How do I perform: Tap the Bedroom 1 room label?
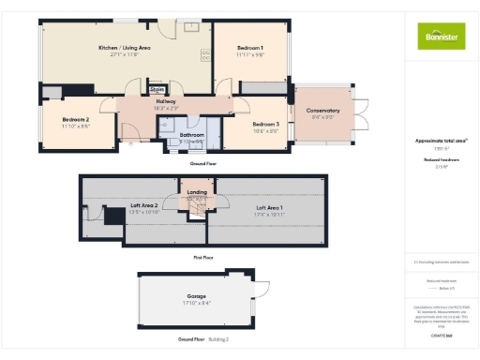(x=249, y=47)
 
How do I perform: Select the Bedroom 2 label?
(x=76, y=119)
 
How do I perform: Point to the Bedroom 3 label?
(x=265, y=124)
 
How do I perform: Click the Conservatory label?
(x=322, y=112)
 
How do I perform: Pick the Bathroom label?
(x=193, y=135)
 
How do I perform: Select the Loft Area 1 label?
(x=269, y=207)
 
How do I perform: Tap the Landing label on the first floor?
(x=197, y=192)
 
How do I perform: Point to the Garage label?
(x=196, y=296)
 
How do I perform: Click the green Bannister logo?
(x=441, y=36)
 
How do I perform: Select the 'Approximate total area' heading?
(x=441, y=141)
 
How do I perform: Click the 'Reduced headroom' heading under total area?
(x=441, y=160)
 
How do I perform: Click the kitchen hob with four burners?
(x=204, y=53)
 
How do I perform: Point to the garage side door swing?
(x=262, y=287)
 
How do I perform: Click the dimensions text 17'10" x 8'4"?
(x=196, y=303)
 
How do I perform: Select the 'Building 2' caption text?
(x=218, y=338)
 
